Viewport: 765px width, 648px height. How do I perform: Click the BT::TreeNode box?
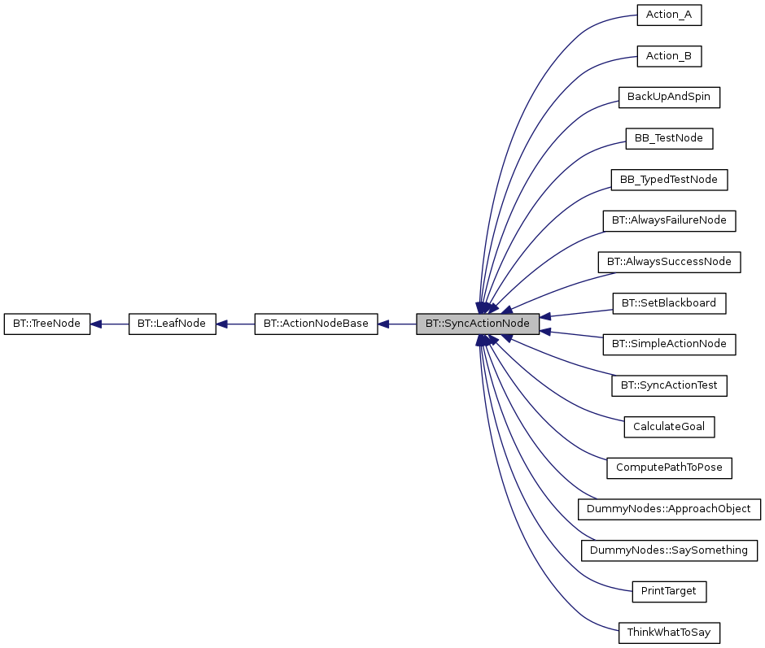click(x=46, y=324)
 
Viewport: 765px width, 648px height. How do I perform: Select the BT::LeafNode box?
click(x=172, y=324)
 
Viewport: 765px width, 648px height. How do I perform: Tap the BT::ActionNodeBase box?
click(x=316, y=324)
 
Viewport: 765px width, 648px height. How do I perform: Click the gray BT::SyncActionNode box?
click(x=478, y=324)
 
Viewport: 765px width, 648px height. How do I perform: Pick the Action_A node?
click(x=668, y=15)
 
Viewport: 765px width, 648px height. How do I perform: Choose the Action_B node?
click(x=668, y=56)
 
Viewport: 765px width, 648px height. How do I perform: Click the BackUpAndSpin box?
click(x=668, y=97)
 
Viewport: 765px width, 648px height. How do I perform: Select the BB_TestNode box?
click(x=668, y=138)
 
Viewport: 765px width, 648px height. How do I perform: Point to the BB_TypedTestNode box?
click(x=668, y=180)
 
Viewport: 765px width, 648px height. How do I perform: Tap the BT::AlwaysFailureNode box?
click(x=668, y=220)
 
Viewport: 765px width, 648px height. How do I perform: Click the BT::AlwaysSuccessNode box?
click(x=668, y=262)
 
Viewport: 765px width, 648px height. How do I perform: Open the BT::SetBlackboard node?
click(x=668, y=303)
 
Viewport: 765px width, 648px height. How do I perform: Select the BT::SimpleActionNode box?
click(x=668, y=344)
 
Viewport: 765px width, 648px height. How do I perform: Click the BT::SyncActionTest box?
click(x=668, y=385)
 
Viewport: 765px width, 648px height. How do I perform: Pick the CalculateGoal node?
click(x=668, y=427)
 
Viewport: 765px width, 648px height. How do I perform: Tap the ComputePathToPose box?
click(x=668, y=468)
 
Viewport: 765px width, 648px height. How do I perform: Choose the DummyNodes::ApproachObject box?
click(x=668, y=509)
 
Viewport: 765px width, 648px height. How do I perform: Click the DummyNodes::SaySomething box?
click(x=668, y=550)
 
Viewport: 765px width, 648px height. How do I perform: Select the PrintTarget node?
click(x=668, y=591)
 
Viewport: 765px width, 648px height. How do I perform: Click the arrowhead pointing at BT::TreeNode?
click(x=96, y=324)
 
